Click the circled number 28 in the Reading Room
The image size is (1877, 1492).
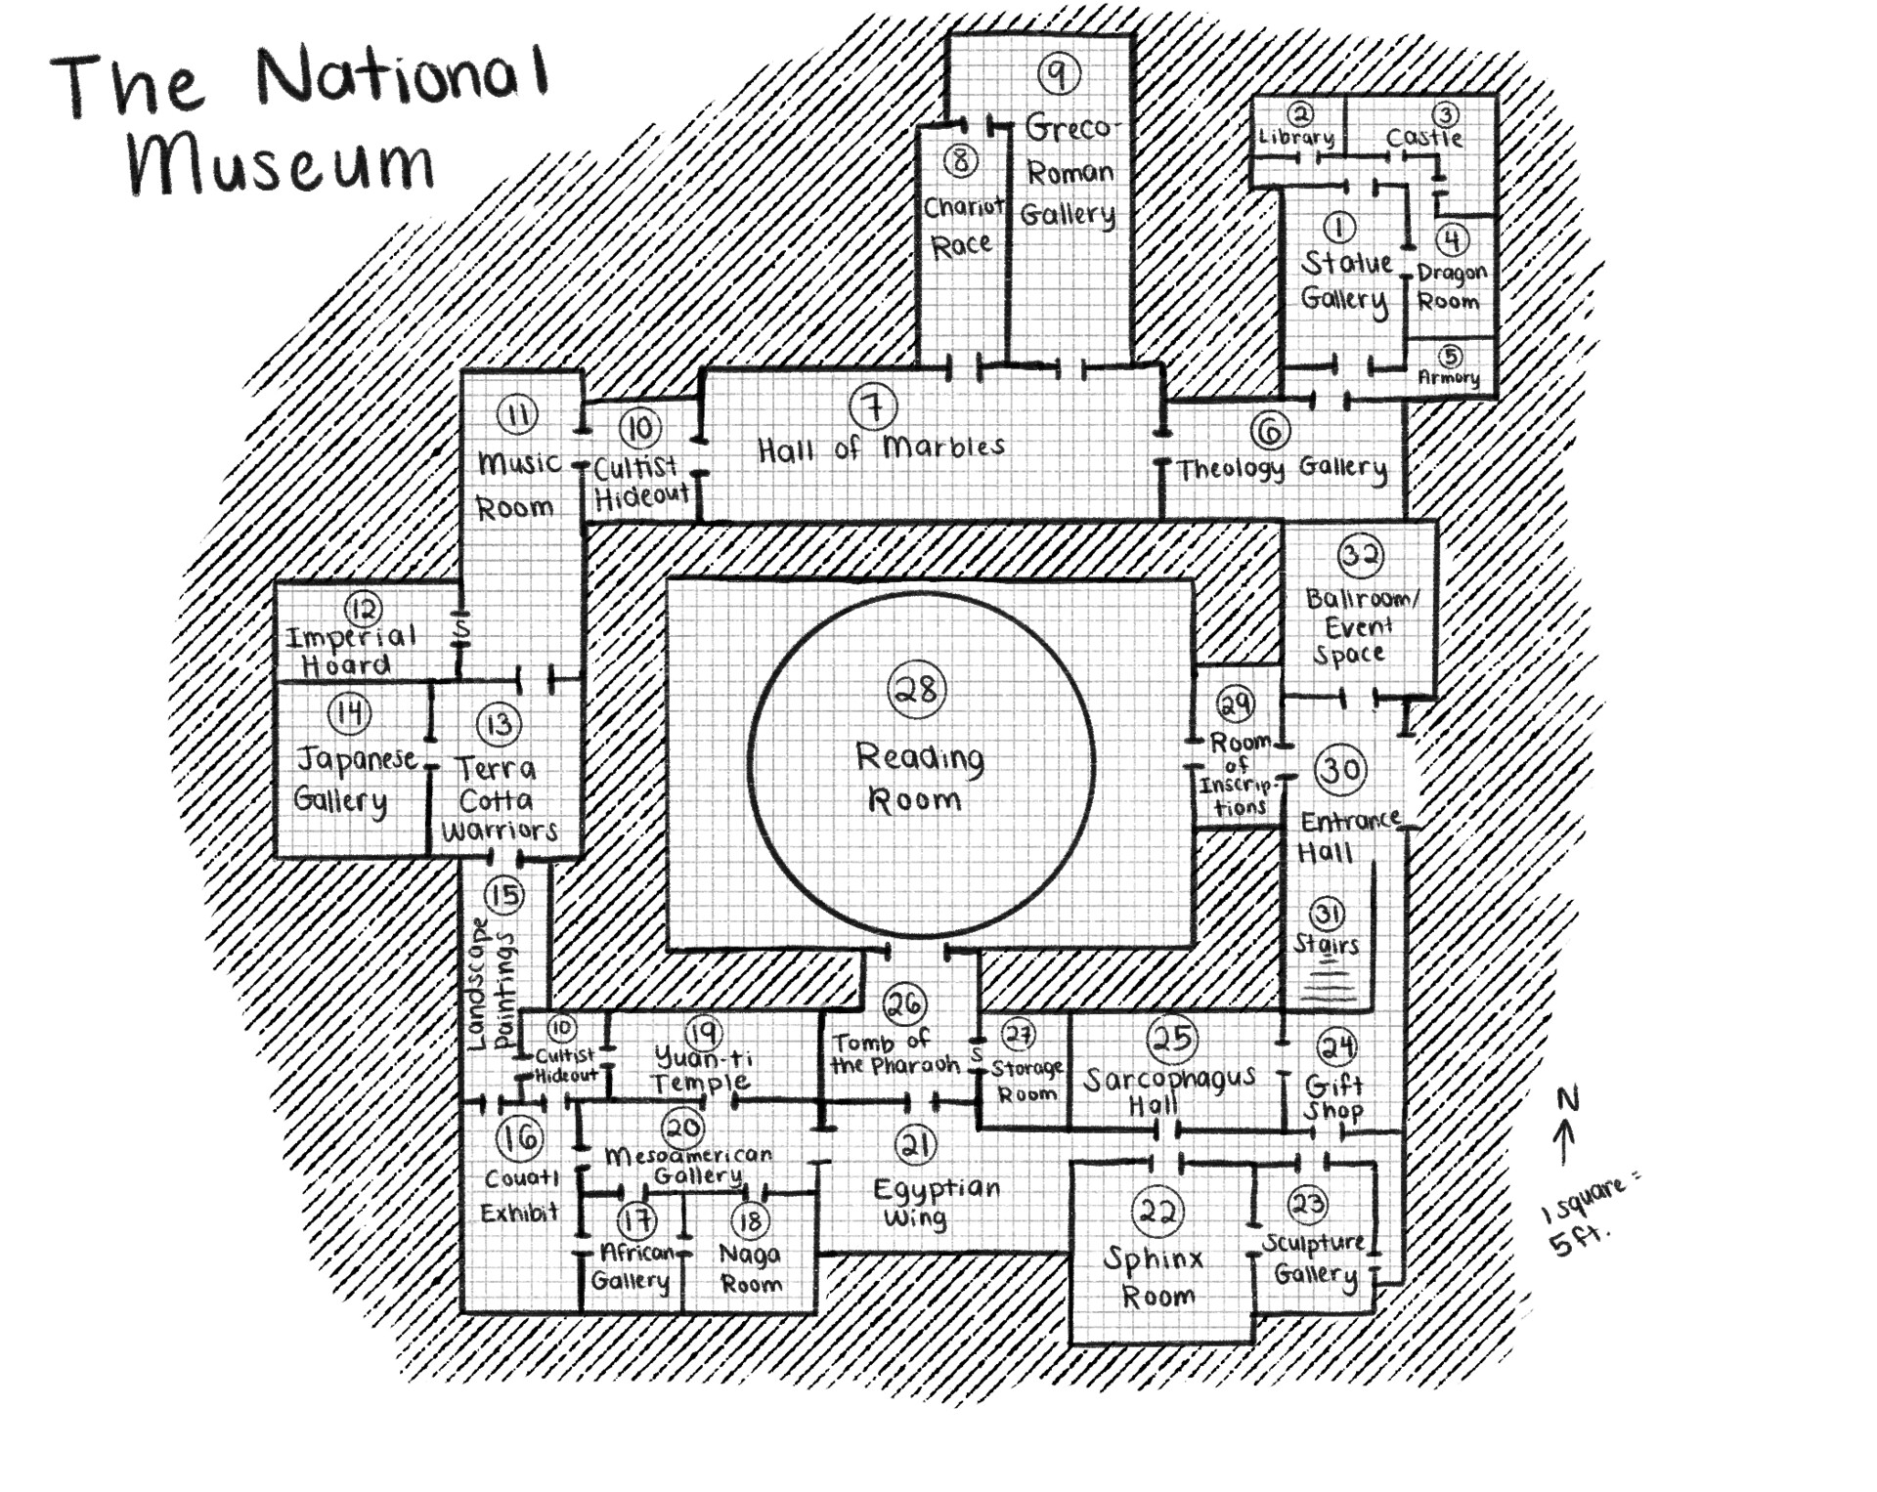click(x=917, y=690)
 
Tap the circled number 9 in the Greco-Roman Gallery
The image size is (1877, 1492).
click(x=1058, y=73)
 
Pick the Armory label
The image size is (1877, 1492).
click(x=1449, y=377)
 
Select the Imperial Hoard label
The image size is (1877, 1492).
click(x=350, y=651)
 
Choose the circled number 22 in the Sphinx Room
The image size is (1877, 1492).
click(x=1158, y=1213)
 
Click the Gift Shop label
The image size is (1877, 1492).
click(x=1333, y=1097)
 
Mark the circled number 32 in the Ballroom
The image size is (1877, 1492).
click(x=1360, y=555)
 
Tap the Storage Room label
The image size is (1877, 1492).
click(x=1026, y=1081)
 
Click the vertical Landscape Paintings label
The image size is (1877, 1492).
click(x=491, y=982)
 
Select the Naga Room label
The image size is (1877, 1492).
click(x=750, y=1267)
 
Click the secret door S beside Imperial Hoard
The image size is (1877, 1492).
click(x=462, y=631)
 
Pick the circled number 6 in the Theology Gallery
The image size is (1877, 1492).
click(x=1269, y=430)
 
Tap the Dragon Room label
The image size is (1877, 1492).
click(x=1451, y=286)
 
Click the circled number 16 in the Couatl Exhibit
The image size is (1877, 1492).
click(x=519, y=1137)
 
